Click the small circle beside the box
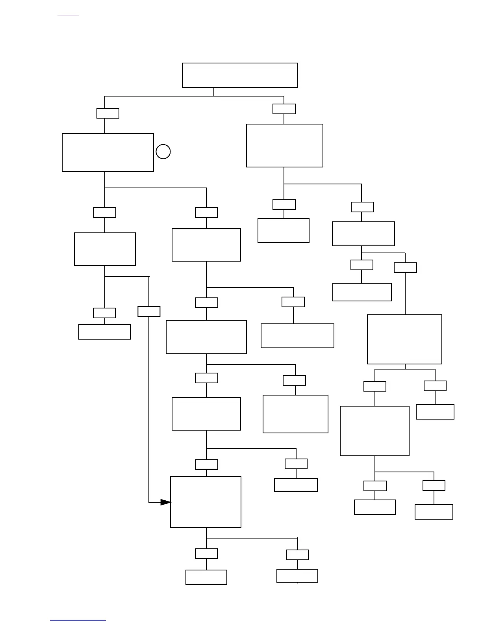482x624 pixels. click(x=163, y=152)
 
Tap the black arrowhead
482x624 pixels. click(x=166, y=502)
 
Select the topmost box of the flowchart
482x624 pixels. click(x=240, y=75)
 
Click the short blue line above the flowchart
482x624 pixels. click(x=68, y=15)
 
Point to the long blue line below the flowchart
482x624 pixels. click(x=78, y=620)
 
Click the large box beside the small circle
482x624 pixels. click(x=108, y=152)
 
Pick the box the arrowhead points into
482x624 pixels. click(x=206, y=502)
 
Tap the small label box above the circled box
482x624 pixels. click(x=108, y=113)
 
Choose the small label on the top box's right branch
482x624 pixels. click(x=284, y=109)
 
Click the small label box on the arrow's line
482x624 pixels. click(x=149, y=311)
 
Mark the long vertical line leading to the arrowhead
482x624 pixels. click(x=149, y=410)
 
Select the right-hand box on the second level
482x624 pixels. click(x=285, y=146)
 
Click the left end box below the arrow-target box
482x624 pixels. click(x=206, y=577)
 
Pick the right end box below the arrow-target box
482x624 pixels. click(x=297, y=576)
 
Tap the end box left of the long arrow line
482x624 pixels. click(x=104, y=332)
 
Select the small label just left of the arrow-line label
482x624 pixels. click(x=104, y=313)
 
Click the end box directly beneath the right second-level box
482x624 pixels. click(x=284, y=230)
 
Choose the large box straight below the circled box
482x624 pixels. click(x=105, y=249)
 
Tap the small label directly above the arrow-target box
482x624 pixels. click(x=207, y=464)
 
